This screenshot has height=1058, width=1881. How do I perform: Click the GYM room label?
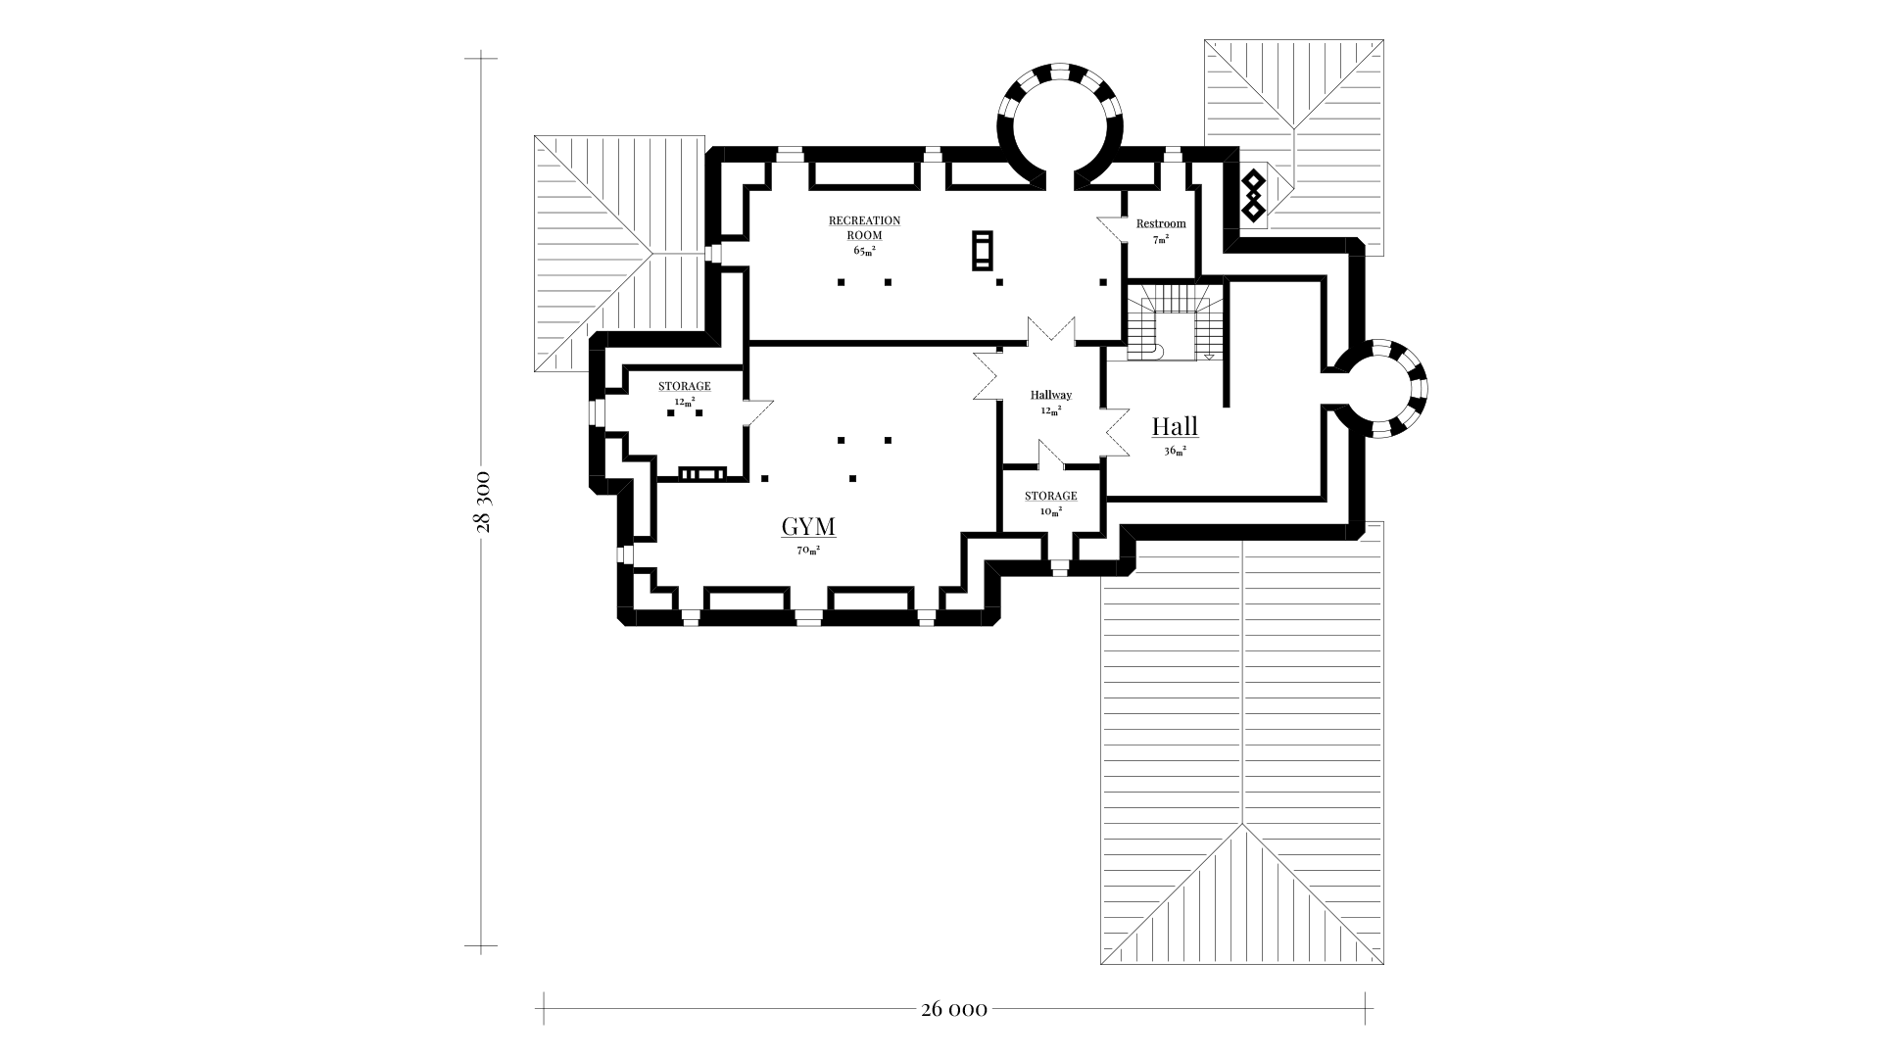pos(808,527)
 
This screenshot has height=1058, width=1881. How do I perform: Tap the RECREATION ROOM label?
pos(864,227)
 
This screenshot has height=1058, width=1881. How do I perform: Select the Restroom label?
pos(1161,223)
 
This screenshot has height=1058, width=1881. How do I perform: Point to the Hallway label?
pos(1051,395)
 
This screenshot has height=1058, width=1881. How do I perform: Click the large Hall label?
pos(1175,426)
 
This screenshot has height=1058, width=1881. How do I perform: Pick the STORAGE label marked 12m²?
pos(685,386)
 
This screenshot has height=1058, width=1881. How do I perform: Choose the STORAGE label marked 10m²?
pos(1051,496)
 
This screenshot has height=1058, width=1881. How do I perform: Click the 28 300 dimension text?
pos(482,502)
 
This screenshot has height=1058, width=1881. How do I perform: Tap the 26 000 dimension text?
pos(954,1009)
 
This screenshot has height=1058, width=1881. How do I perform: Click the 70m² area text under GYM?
pos(808,551)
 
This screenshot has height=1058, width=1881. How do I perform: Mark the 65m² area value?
pos(864,251)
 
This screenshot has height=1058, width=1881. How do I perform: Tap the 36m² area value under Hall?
pos(1175,451)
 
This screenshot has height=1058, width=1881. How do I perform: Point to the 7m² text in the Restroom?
pos(1161,239)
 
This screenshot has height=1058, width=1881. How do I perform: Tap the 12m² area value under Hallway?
pos(1051,410)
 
